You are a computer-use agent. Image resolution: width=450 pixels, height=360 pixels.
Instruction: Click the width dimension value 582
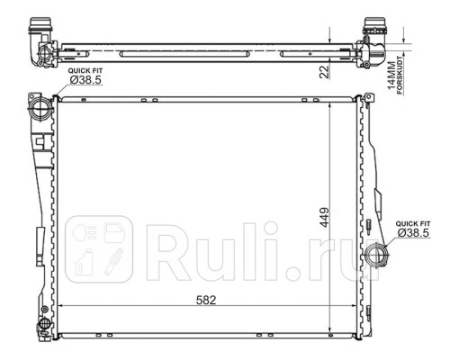point(206,300)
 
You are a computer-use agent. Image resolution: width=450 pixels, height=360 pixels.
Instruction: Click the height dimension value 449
point(324,218)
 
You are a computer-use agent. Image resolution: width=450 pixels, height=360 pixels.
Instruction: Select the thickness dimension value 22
point(324,72)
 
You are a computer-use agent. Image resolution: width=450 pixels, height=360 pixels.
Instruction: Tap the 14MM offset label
point(391,76)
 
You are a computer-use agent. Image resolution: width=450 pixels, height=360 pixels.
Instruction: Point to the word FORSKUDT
point(400,76)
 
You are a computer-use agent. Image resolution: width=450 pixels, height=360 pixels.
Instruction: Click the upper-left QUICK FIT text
point(85,71)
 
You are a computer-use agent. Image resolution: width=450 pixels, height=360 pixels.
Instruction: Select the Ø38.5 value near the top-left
point(85,80)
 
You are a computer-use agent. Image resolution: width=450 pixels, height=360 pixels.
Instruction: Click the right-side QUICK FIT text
point(413,224)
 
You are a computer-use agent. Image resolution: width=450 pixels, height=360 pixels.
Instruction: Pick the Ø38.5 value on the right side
point(413,233)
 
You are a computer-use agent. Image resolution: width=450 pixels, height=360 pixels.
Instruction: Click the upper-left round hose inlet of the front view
point(40,109)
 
